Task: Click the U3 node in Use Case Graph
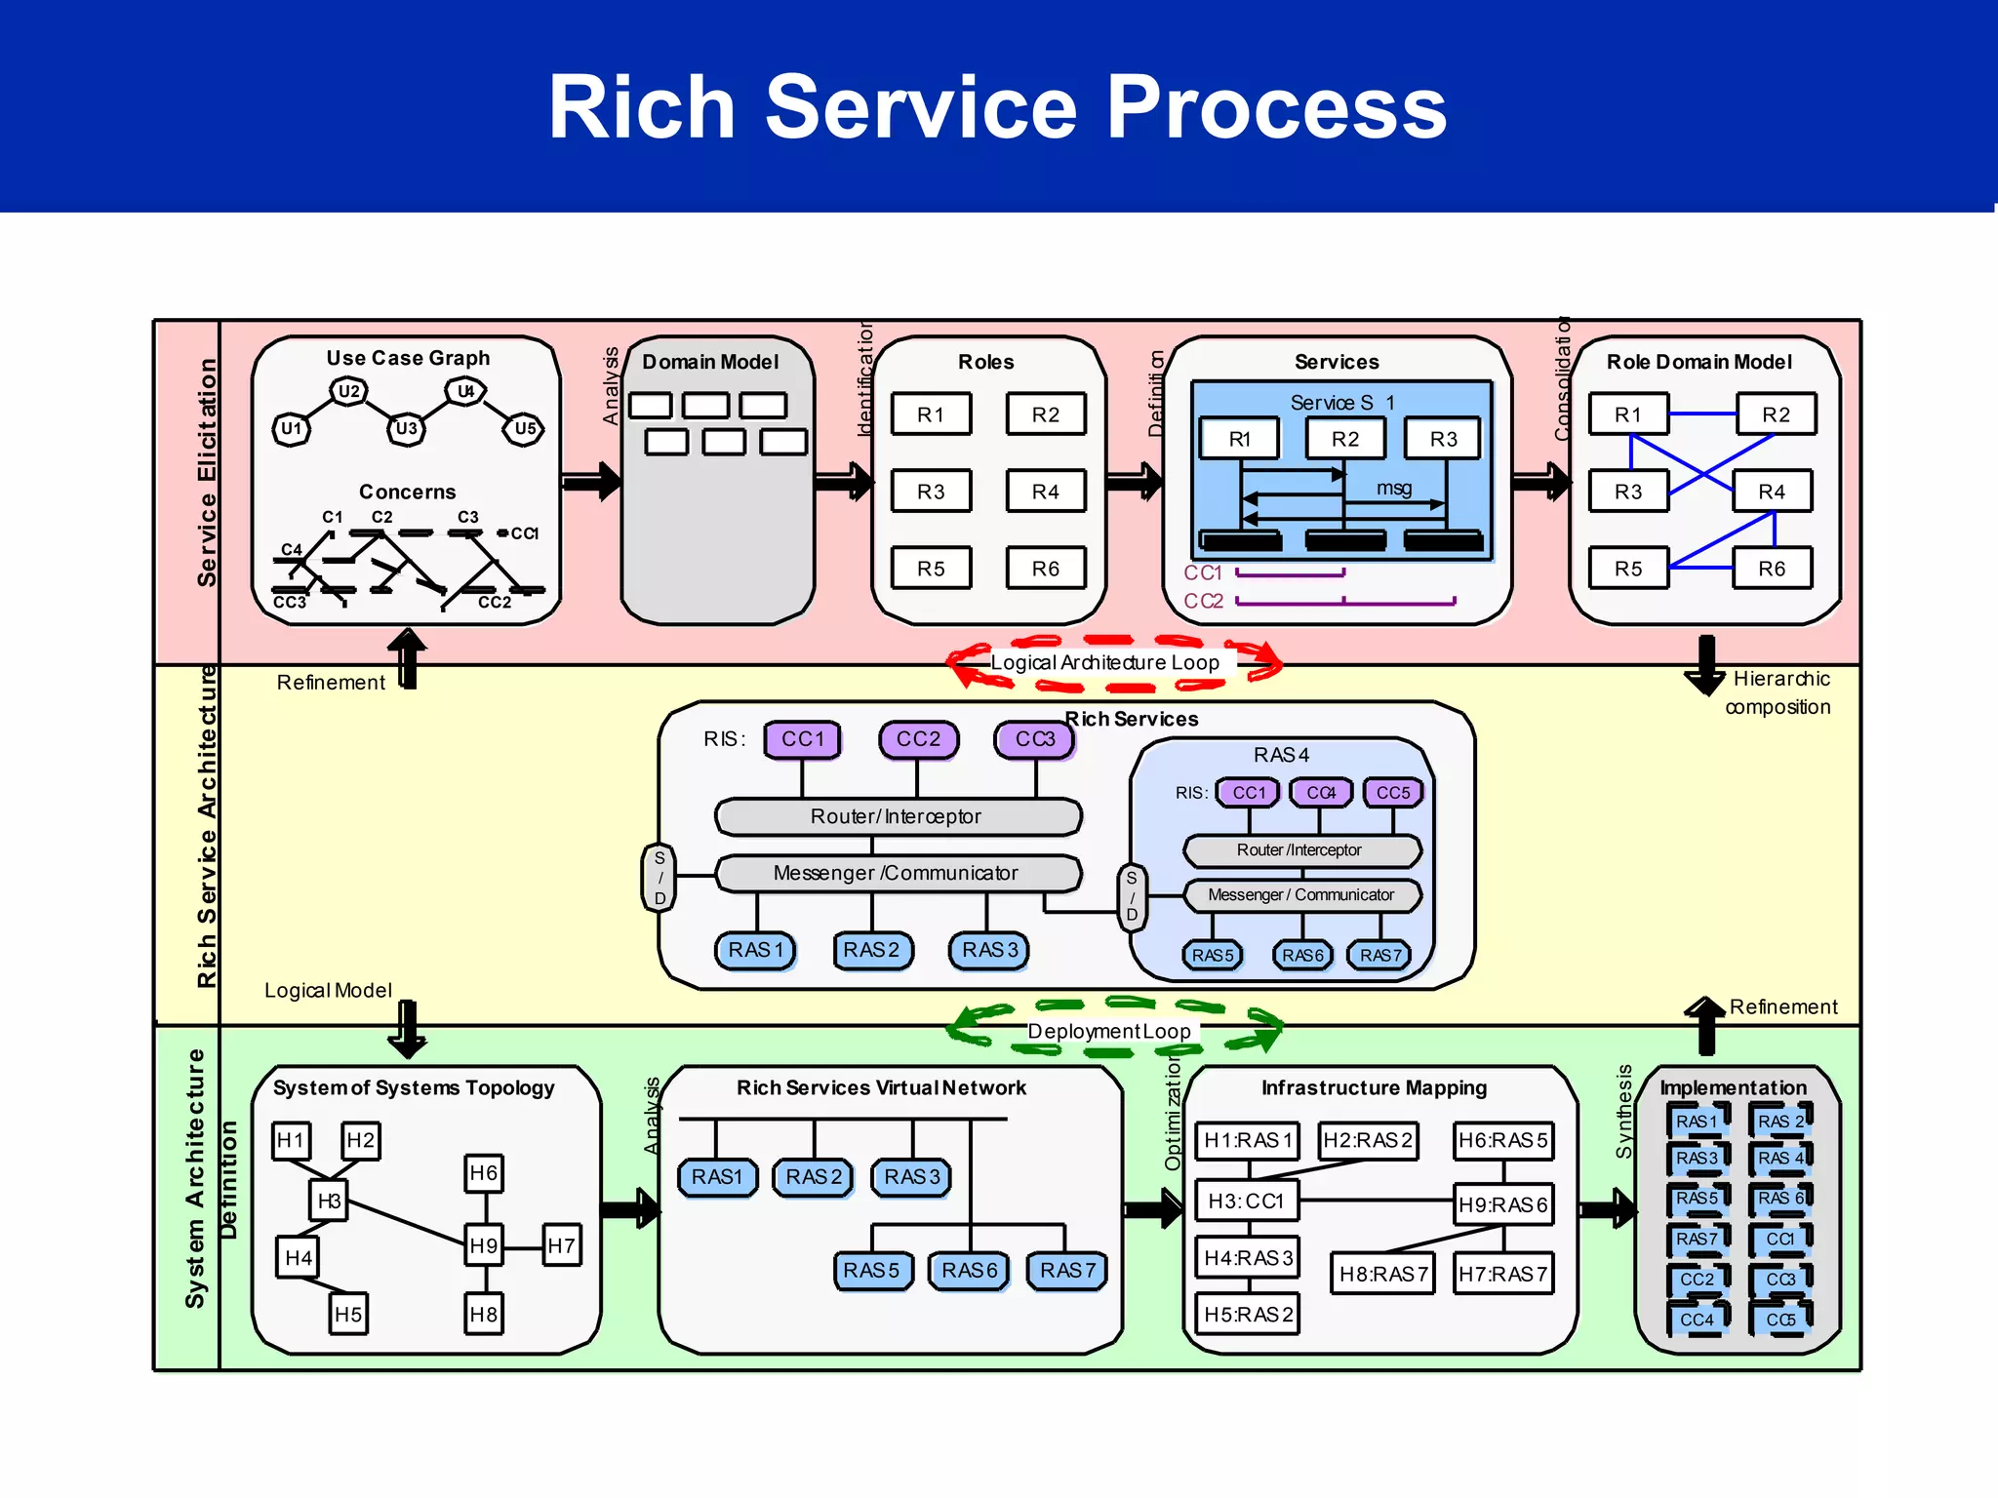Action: pos(406,428)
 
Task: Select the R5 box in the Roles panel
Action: pos(931,569)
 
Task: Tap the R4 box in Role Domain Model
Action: pos(1772,492)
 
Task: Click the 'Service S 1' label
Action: pos(1342,403)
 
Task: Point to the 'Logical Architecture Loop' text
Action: pos(1104,663)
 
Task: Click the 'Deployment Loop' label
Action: pos(1109,1032)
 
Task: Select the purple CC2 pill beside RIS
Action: pos(918,739)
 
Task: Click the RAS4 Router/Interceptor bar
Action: pos(1300,850)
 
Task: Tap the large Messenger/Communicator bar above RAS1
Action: pos(897,873)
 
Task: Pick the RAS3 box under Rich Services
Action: pos(989,950)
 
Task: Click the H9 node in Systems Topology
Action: pos(484,1245)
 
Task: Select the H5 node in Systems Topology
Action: pos(348,1315)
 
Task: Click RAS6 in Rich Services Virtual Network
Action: pos(969,1271)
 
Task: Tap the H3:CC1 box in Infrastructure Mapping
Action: pos(1246,1202)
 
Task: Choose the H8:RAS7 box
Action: pos(1382,1274)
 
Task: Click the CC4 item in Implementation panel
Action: pos(1697,1320)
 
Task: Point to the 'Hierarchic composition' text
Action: pos(1778,692)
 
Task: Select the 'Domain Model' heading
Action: pos(710,362)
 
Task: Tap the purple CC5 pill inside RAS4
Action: pos(1393,793)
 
